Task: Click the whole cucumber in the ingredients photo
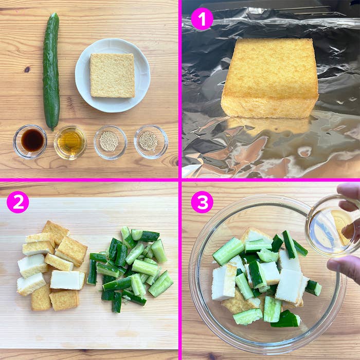(x=50, y=72)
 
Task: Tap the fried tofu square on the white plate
(x=112, y=75)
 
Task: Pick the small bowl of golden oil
(x=70, y=141)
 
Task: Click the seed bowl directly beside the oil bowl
(x=110, y=141)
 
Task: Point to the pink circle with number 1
(x=202, y=19)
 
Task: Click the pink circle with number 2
(x=17, y=202)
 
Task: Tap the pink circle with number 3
(x=202, y=202)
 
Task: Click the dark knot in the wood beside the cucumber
(x=26, y=69)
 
